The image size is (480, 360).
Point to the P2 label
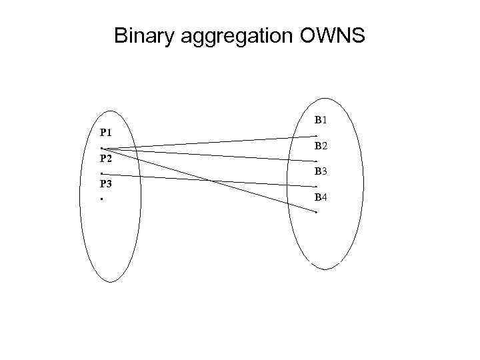coord(105,159)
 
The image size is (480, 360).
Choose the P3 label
coord(105,184)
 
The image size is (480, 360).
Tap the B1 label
coord(320,121)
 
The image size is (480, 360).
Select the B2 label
coord(321,146)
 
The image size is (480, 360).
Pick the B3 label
coord(321,171)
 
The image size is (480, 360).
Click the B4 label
coord(321,197)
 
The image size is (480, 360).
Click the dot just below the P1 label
coord(101,148)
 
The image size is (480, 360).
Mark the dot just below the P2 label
coord(101,173)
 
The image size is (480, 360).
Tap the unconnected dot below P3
coord(101,199)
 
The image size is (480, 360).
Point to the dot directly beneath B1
coord(316,136)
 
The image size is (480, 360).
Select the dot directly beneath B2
coord(316,161)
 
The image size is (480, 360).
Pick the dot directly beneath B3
coord(316,186)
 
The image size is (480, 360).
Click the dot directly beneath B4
coord(316,212)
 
